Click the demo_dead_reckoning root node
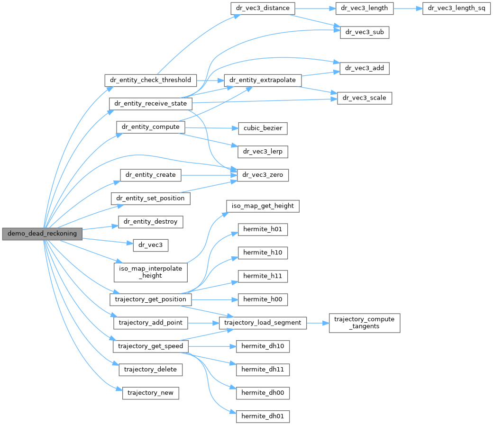click(x=42, y=234)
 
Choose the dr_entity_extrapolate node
click(x=262, y=80)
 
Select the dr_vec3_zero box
click(x=259, y=175)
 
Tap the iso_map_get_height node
click(x=263, y=206)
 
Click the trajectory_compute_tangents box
click(x=365, y=323)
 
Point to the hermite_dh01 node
click(x=263, y=416)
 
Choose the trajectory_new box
click(x=150, y=393)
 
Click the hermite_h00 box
click(x=263, y=299)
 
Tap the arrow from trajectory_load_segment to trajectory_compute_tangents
click(x=318, y=323)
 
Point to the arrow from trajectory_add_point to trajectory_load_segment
click(x=203, y=323)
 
